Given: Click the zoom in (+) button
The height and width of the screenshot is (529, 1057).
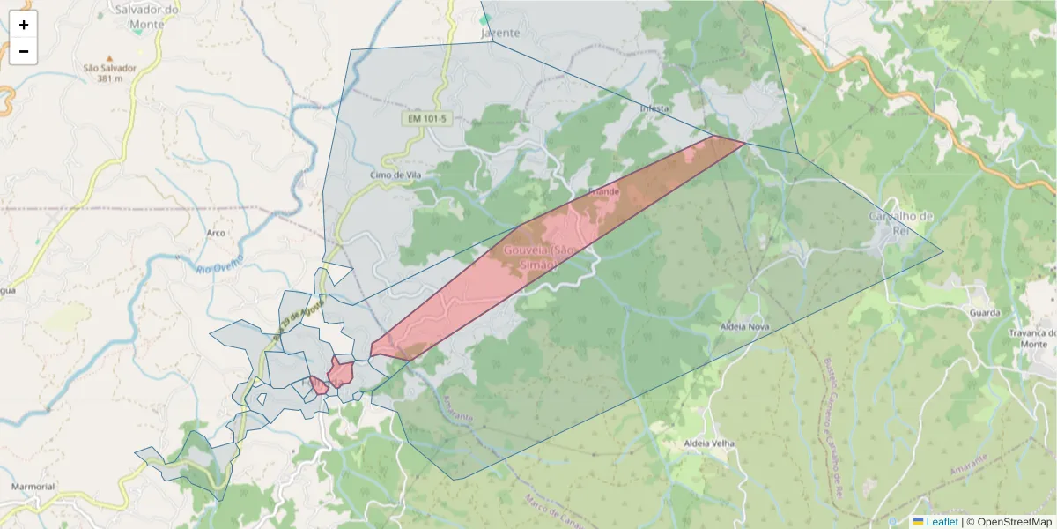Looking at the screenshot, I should [x=24, y=25].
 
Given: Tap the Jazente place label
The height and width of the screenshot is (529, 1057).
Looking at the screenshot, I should [x=500, y=33].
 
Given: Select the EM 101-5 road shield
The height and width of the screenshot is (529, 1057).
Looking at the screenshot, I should [x=428, y=118].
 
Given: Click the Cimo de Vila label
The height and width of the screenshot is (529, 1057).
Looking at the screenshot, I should [x=396, y=175].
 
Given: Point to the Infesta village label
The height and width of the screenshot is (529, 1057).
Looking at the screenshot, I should [x=655, y=108].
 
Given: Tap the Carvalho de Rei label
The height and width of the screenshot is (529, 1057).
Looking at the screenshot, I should [x=900, y=223].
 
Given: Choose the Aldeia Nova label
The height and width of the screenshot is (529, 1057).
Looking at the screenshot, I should [x=745, y=326].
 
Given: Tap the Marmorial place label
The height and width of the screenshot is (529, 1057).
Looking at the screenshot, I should [x=33, y=487].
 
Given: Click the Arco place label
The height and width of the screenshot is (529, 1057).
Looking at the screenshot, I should [x=216, y=234].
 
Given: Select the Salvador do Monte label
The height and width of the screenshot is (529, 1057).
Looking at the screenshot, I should [x=147, y=17].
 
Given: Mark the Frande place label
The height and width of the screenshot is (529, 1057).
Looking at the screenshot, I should [x=604, y=191].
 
